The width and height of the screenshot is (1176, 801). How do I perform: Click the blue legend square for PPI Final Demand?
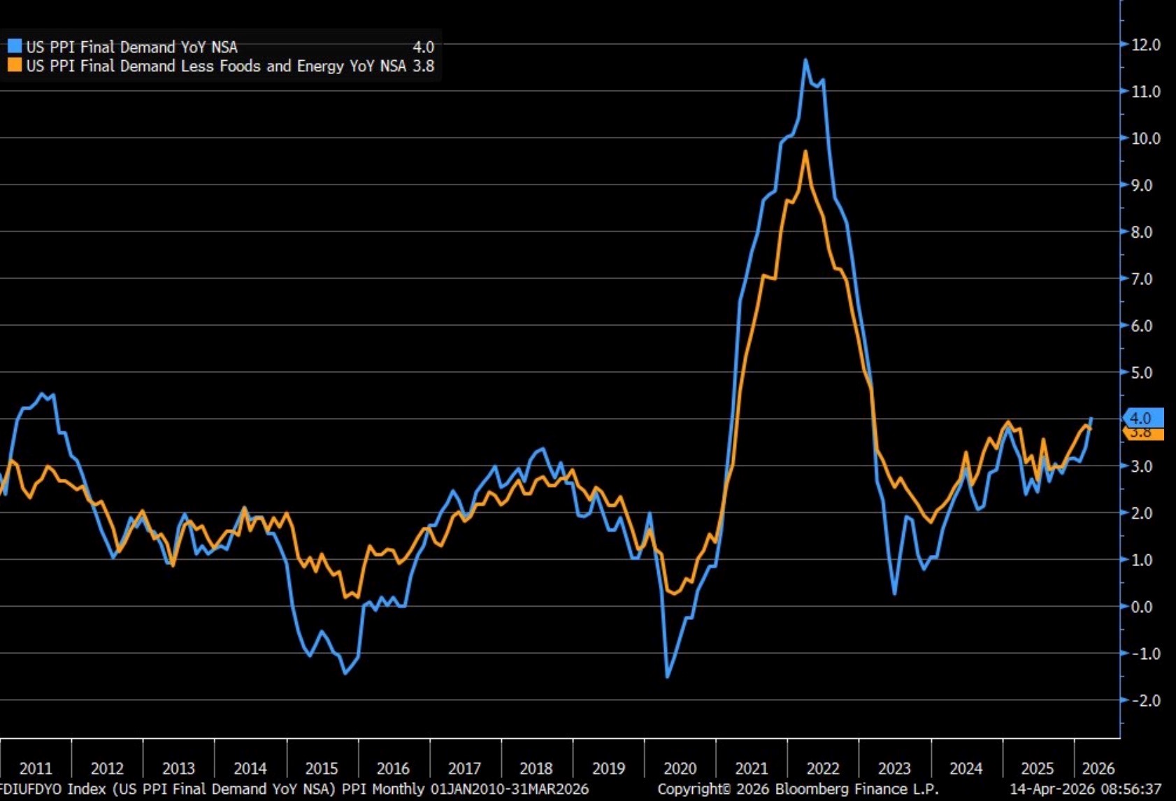point(15,47)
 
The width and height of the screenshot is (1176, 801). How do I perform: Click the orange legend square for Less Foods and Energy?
point(15,66)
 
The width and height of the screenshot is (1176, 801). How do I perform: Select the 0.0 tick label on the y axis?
point(1141,607)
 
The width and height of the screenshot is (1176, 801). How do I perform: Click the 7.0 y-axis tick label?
point(1141,279)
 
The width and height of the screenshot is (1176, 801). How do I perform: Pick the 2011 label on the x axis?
point(36,768)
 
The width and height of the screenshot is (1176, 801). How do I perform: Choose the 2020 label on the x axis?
point(680,768)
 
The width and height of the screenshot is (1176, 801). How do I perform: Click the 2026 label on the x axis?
point(1098,768)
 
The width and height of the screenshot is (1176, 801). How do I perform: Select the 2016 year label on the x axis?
point(393,768)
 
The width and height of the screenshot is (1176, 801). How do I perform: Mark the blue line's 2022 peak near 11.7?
point(805,60)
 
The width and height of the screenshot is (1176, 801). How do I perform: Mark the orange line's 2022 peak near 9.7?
point(805,152)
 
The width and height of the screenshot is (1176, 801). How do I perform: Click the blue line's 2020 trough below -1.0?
point(667,677)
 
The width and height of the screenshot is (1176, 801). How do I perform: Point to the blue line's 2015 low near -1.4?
point(345,672)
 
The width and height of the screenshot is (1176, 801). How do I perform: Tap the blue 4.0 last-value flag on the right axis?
point(1142,418)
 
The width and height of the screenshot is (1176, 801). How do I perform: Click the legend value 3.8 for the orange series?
point(423,66)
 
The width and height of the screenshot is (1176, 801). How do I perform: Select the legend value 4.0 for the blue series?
point(423,47)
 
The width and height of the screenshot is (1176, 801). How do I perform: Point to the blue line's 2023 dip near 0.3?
point(895,593)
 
